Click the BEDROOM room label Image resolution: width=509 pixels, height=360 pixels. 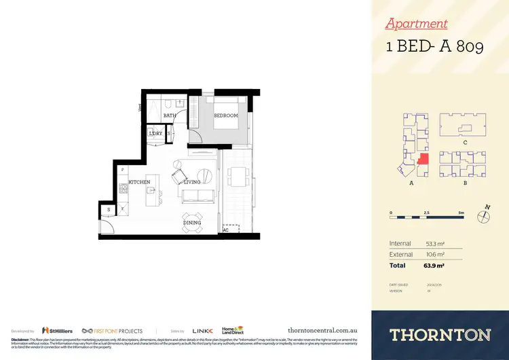[x=226, y=115]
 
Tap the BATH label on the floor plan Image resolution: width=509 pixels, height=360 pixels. [x=170, y=116]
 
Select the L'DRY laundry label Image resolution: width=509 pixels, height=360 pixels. [x=156, y=134]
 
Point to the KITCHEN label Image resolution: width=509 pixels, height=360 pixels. [x=139, y=182]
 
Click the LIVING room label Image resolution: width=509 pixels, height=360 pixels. [x=192, y=182]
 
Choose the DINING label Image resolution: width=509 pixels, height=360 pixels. [x=192, y=223]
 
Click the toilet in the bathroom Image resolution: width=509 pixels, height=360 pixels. [x=178, y=103]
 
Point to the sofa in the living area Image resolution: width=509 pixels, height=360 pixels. [x=199, y=198]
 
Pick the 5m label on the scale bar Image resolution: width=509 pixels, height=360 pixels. [x=460, y=213]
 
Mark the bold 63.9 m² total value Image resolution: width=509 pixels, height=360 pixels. [x=434, y=266]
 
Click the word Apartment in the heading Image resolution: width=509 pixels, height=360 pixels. [x=416, y=24]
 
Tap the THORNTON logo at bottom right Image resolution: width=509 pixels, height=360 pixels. [x=440, y=334]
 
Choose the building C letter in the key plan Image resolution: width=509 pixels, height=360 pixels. [x=464, y=142]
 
